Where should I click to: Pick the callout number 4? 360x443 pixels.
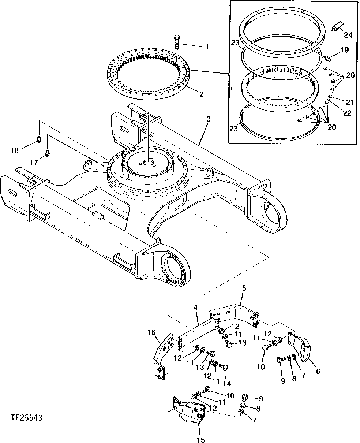pyautogui.click(x=196, y=308)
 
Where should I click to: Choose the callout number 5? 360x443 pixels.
pyautogui.click(x=244, y=288)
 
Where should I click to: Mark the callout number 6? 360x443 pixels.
pyautogui.click(x=318, y=371)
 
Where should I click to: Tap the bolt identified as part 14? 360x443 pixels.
pyautogui.click(x=224, y=367)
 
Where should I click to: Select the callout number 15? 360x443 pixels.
pyautogui.click(x=201, y=440)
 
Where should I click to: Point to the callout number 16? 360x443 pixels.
pyautogui.click(x=152, y=332)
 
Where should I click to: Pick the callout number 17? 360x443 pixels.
pyautogui.click(x=34, y=162)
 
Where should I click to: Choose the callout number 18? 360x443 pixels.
pyautogui.click(x=14, y=150)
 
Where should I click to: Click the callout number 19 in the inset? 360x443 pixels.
pyautogui.click(x=345, y=49)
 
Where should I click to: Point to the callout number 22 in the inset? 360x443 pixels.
pyautogui.click(x=347, y=113)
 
